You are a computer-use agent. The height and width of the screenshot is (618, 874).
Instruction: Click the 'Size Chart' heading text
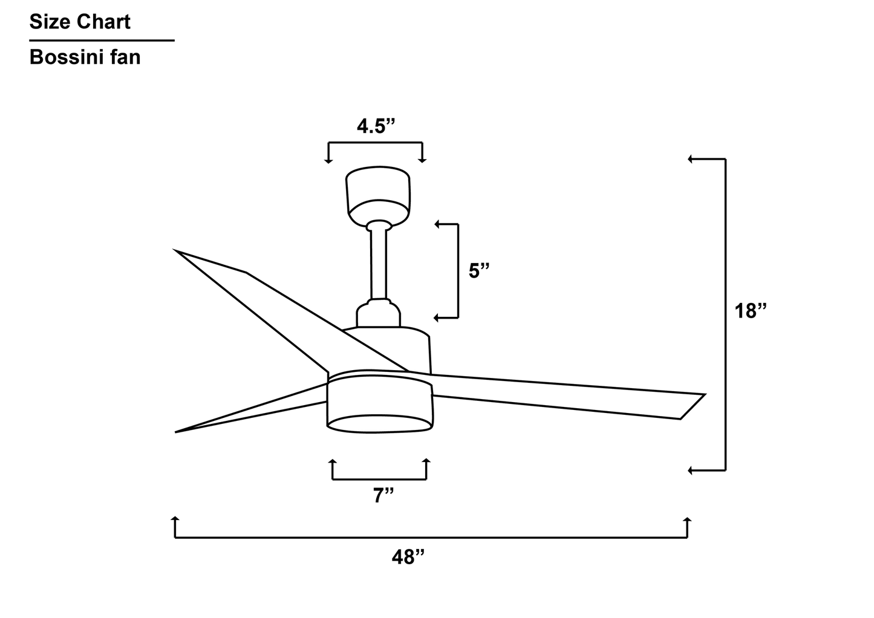pyautogui.click(x=80, y=22)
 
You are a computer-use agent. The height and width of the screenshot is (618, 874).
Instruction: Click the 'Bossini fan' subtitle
pyautogui.click(x=85, y=57)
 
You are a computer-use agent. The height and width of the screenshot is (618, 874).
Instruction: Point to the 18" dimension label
pyautogui.click(x=750, y=311)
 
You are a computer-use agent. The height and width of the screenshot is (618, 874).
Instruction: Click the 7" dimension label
pyautogui.click(x=383, y=496)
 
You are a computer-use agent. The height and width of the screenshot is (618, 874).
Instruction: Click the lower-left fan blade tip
pyautogui.click(x=179, y=431)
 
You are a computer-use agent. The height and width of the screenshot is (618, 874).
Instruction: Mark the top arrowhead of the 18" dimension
pyautogui.click(x=690, y=159)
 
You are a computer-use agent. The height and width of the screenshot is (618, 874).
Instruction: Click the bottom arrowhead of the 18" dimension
pyautogui.click(x=690, y=470)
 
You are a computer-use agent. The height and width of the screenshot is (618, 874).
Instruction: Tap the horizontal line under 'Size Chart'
pyautogui.click(x=102, y=41)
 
